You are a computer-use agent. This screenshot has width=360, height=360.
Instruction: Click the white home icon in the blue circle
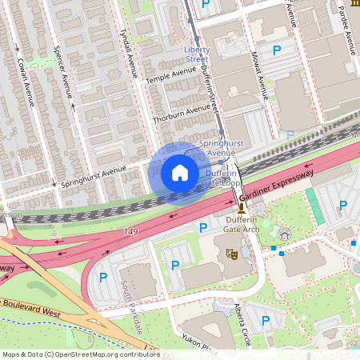pyautogui.click(x=180, y=173)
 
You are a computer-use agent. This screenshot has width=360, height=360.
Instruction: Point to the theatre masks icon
pyautogui.click(x=233, y=254)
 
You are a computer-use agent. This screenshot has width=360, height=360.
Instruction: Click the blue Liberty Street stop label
pyautogui.click(x=197, y=54)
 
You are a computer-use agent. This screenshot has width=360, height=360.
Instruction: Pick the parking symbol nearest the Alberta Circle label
pyautogui.click(x=266, y=321)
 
